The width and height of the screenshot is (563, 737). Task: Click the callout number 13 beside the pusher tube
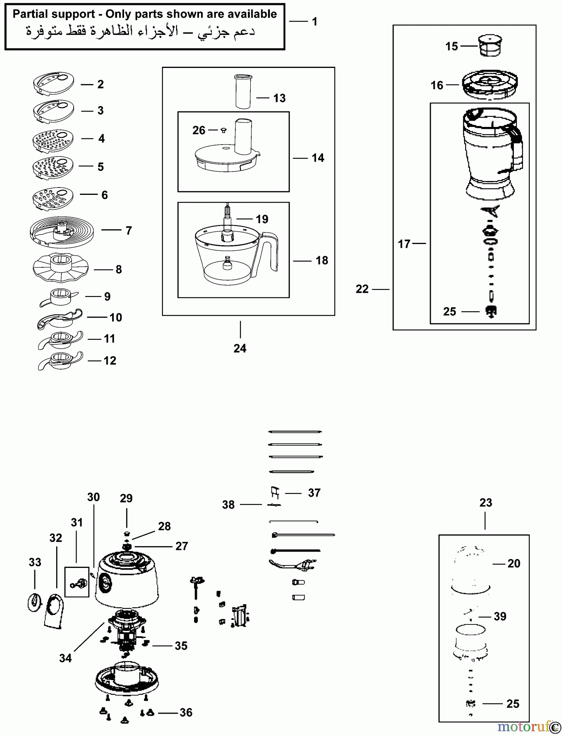(279, 98)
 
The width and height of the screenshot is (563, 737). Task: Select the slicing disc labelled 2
(53, 84)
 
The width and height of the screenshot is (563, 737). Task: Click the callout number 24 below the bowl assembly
(240, 348)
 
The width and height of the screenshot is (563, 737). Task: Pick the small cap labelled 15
(490, 45)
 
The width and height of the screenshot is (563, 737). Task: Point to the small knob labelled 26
(224, 130)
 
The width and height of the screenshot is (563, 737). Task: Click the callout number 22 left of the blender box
(362, 289)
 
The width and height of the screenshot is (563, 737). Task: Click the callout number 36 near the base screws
(186, 713)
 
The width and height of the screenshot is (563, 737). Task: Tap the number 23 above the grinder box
(486, 503)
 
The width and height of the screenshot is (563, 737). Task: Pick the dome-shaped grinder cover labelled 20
(471, 567)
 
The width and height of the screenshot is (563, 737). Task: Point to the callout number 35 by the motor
(181, 646)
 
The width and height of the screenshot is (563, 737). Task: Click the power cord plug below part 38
(305, 567)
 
